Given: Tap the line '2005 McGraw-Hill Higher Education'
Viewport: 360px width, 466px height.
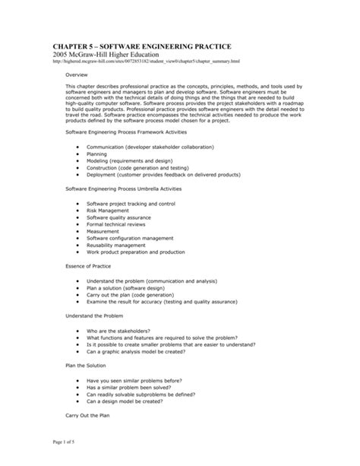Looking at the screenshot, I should [112, 57].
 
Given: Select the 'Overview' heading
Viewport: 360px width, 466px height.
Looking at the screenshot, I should [77, 77].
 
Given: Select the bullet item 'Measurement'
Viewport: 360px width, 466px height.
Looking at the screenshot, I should [103, 231].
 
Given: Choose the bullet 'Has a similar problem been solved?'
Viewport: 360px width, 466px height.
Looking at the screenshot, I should [131, 388].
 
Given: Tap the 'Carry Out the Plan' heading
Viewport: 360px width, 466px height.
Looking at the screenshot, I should [88, 416].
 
